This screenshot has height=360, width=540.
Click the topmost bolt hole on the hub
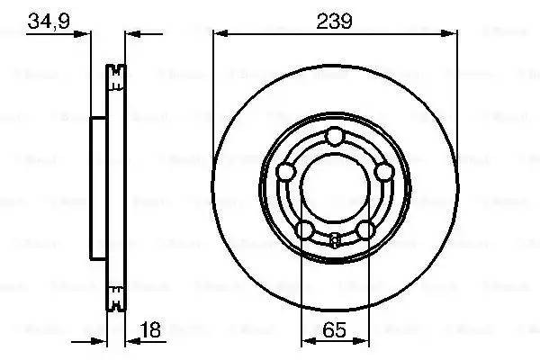tap(335, 136)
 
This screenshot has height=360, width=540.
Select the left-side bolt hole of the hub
tap(286, 171)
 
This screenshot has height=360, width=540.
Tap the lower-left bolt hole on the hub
tap(305, 229)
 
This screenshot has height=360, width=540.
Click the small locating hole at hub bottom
tap(335, 239)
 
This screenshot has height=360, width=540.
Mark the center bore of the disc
tap(335, 188)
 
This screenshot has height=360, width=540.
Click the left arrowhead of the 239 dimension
tap(219, 34)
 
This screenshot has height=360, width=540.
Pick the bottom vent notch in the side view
tap(114, 294)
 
